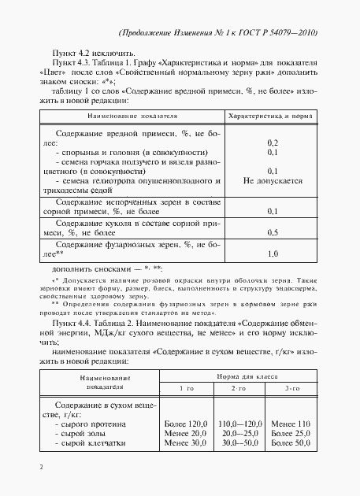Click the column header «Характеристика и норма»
pyautogui.click(x=269, y=117)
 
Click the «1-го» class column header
pyautogui.click(x=185, y=389)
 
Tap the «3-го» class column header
pyautogui.click(x=291, y=389)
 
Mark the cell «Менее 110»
pyautogui.click(x=291, y=424)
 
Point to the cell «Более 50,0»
pyautogui.click(x=291, y=443)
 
